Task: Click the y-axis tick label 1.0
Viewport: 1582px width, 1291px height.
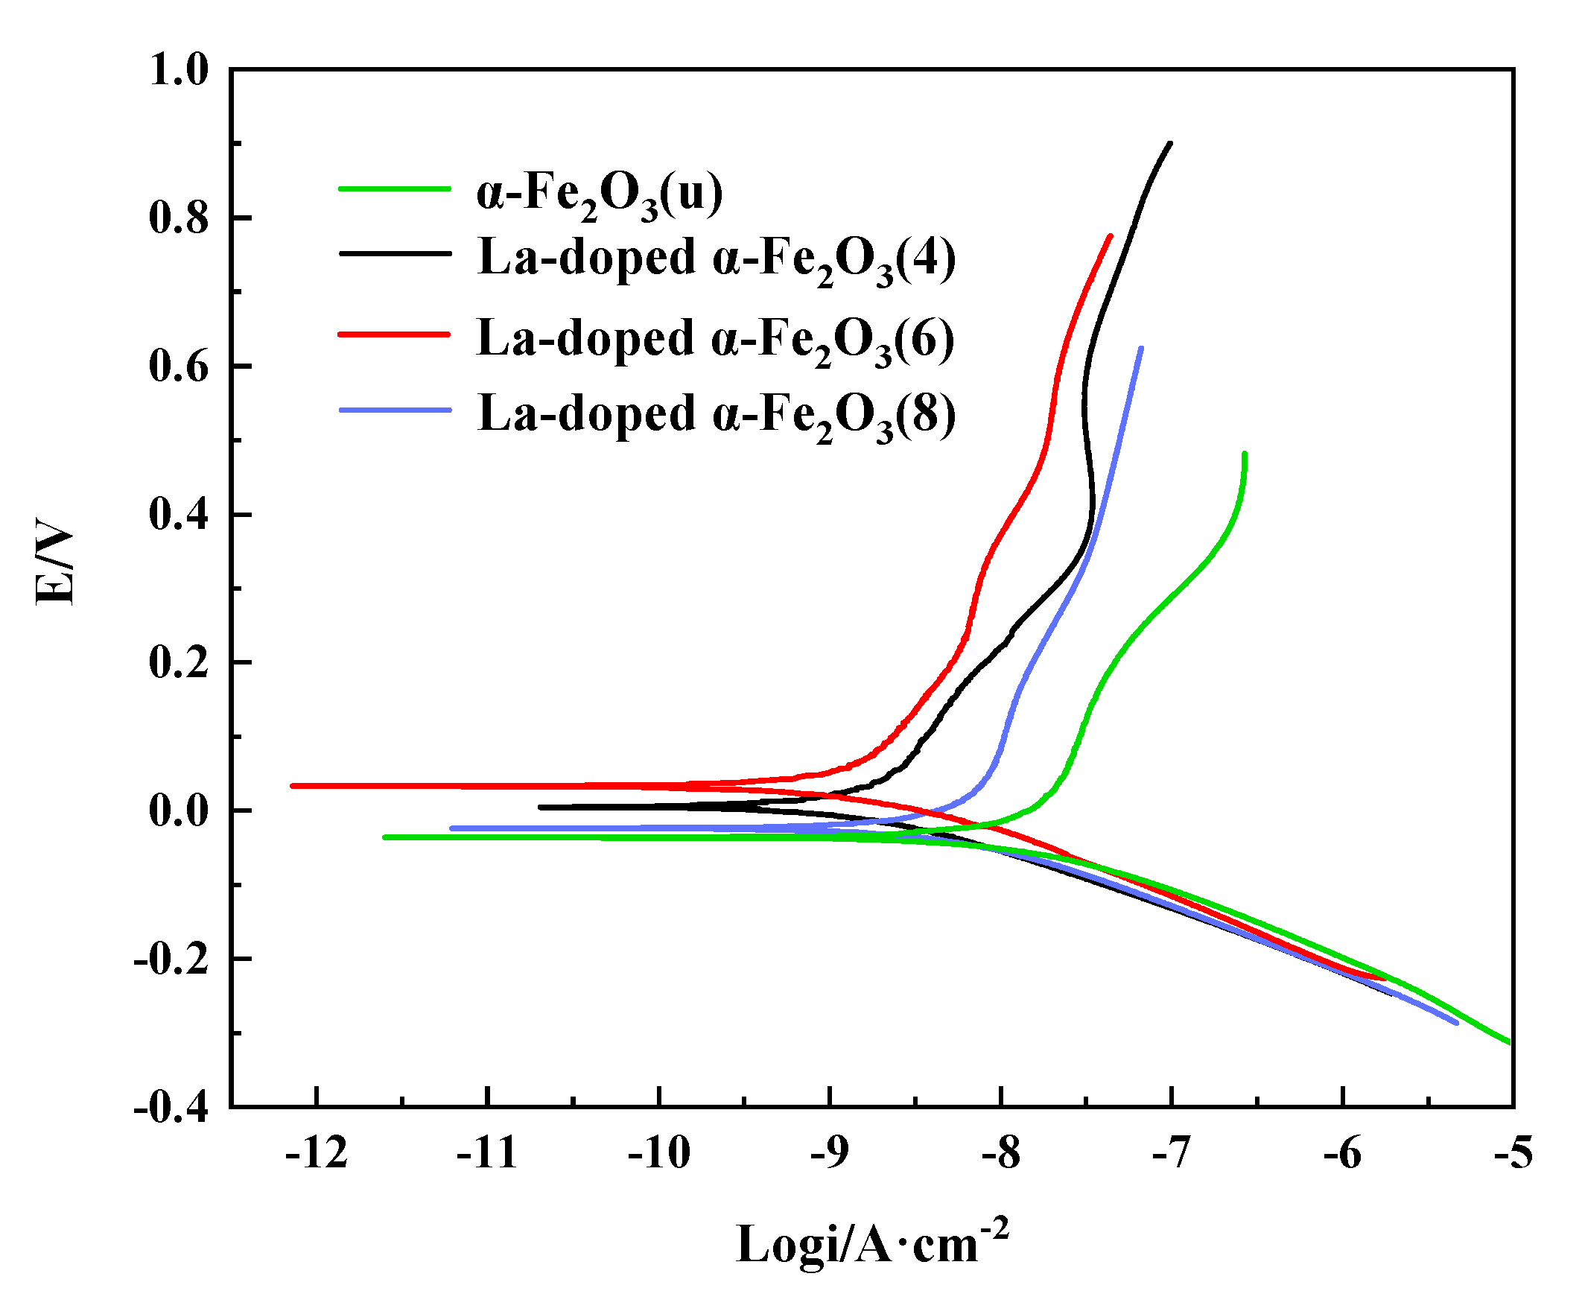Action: click(x=179, y=71)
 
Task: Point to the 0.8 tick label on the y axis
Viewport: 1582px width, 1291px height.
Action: click(x=179, y=218)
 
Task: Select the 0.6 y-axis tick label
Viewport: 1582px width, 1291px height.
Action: click(x=179, y=367)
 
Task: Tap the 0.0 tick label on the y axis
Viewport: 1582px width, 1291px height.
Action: click(x=179, y=811)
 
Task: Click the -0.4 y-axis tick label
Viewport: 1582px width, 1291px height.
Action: click(x=171, y=1108)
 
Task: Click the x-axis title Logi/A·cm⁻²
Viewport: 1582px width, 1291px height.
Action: click(x=872, y=1242)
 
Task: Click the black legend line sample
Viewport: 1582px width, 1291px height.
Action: click(x=395, y=254)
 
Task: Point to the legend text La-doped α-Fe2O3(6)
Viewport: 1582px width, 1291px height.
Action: click(x=715, y=340)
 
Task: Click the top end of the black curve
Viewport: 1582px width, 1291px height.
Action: click(x=1170, y=144)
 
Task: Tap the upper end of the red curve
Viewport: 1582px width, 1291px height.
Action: click(x=1111, y=236)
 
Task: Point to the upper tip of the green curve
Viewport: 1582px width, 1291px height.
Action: click(x=1245, y=454)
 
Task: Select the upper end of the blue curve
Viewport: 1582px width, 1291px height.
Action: click(x=1141, y=348)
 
